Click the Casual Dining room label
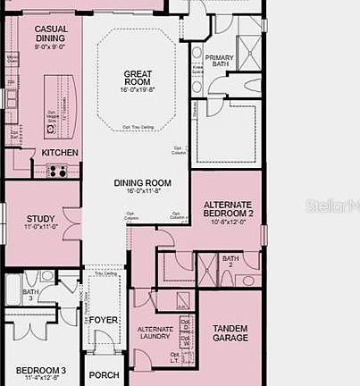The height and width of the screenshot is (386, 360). [51, 34]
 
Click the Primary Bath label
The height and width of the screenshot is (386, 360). [219, 62]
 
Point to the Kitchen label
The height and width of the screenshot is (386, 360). [60, 153]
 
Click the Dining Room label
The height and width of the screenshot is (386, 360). [142, 183]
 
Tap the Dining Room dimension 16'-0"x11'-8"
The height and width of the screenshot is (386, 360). [142, 191]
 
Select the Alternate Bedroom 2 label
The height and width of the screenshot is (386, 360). [228, 209]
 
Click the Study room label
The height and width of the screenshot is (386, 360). [41, 218]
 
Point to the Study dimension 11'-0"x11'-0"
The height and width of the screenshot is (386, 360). [41, 227]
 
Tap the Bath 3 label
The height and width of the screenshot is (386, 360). [30, 295]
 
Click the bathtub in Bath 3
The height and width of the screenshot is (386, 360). [13, 289]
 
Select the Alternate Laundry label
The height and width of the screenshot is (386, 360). [155, 334]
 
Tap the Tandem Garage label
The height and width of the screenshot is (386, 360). [230, 333]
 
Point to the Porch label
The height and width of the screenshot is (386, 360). [104, 375]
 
